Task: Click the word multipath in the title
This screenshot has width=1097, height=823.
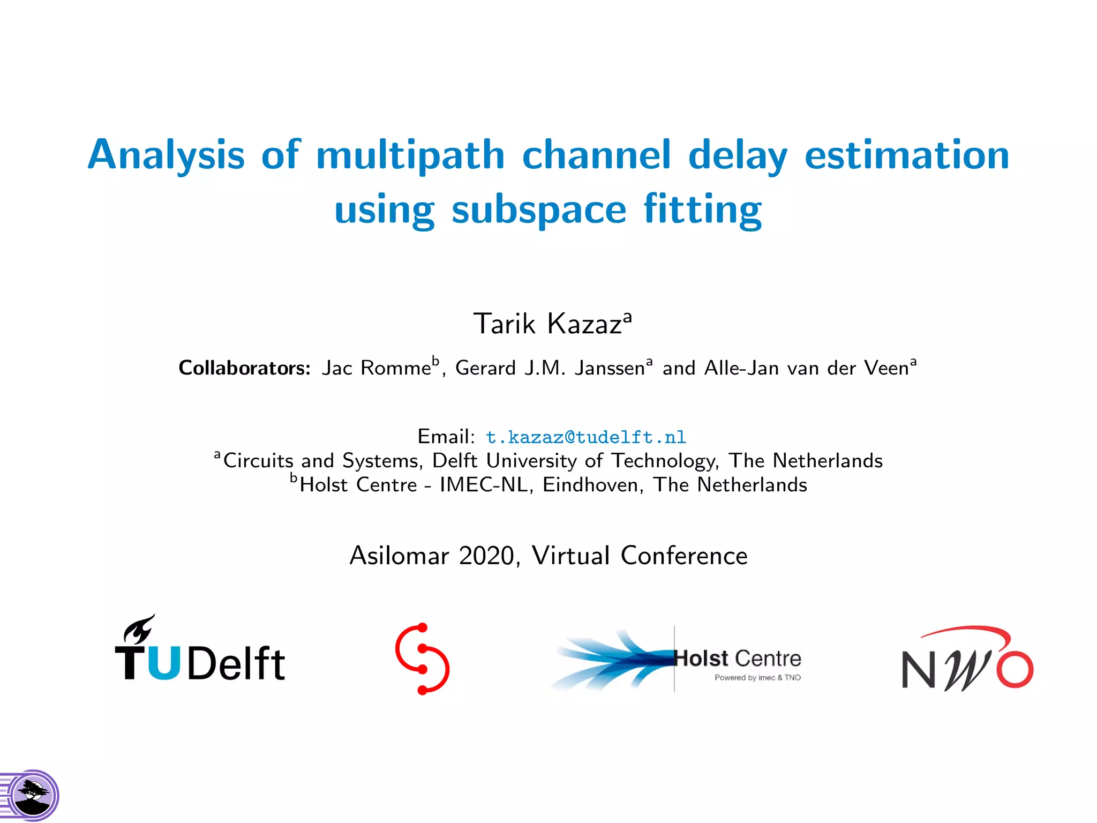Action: coord(410,155)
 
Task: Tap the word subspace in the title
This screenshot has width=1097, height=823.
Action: coord(538,210)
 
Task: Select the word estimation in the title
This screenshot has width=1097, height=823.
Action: coord(907,155)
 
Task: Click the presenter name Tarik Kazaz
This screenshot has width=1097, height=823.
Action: coord(547,324)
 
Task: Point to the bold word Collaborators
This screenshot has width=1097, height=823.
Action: coord(244,368)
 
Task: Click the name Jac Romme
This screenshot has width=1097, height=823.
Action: coord(376,368)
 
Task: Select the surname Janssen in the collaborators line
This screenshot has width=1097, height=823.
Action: coord(610,368)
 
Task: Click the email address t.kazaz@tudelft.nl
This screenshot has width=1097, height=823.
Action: coord(585,437)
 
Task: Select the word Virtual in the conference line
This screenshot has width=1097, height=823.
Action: coord(570,556)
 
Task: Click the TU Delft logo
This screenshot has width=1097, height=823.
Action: coord(200,656)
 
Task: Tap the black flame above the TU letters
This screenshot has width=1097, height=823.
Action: coord(139,629)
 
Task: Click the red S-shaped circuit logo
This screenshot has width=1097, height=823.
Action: coord(422,659)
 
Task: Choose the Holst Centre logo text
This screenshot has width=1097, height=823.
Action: coord(738,659)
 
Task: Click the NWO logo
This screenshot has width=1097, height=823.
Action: coord(967,661)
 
